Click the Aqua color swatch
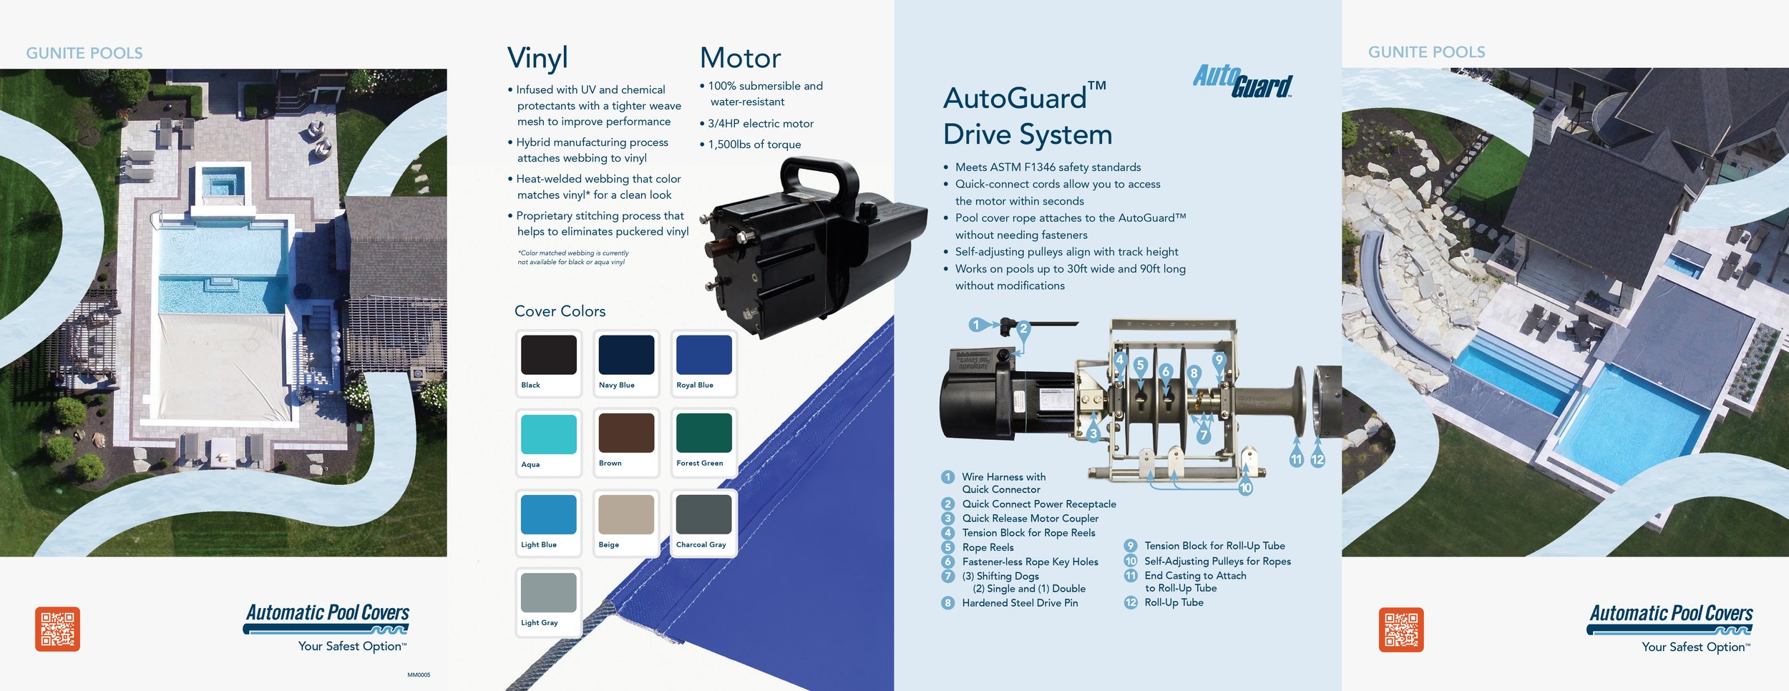(x=548, y=434)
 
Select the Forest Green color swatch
(x=703, y=433)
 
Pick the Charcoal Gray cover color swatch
(x=703, y=514)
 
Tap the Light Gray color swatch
(x=548, y=592)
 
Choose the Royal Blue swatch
(x=703, y=355)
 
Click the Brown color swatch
(x=626, y=433)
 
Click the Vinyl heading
(x=537, y=58)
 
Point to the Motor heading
(x=740, y=58)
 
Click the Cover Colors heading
(x=560, y=311)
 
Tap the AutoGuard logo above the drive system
(x=1242, y=81)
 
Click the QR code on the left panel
(x=57, y=629)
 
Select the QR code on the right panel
(x=1400, y=629)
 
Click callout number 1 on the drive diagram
(x=975, y=325)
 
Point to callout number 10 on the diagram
(x=1245, y=488)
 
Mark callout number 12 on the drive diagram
(x=1317, y=459)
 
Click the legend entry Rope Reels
(x=988, y=547)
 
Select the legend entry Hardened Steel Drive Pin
(x=1019, y=603)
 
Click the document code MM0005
(x=419, y=675)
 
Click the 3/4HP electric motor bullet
(x=760, y=124)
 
